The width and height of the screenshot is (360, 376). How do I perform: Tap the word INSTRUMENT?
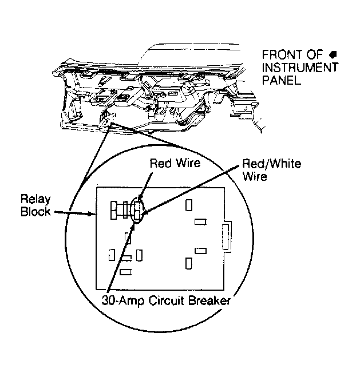[300, 68]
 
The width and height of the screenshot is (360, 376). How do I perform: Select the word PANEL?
[282, 80]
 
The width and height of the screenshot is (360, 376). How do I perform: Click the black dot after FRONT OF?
[333, 55]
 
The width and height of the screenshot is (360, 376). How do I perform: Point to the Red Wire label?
[175, 163]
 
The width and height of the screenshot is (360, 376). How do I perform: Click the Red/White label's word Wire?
[255, 176]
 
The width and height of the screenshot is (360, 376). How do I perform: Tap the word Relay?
[35, 200]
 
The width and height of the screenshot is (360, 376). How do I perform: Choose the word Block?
[35, 212]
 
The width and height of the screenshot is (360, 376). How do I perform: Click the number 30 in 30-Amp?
[108, 300]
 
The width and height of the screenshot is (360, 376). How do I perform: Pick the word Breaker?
[209, 300]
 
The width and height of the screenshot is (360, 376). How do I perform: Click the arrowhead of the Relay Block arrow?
[93, 213]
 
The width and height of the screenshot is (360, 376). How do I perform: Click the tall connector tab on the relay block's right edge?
[226, 237]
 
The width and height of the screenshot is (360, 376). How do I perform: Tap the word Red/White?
[271, 164]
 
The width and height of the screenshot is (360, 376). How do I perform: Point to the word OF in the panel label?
[314, 55]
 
